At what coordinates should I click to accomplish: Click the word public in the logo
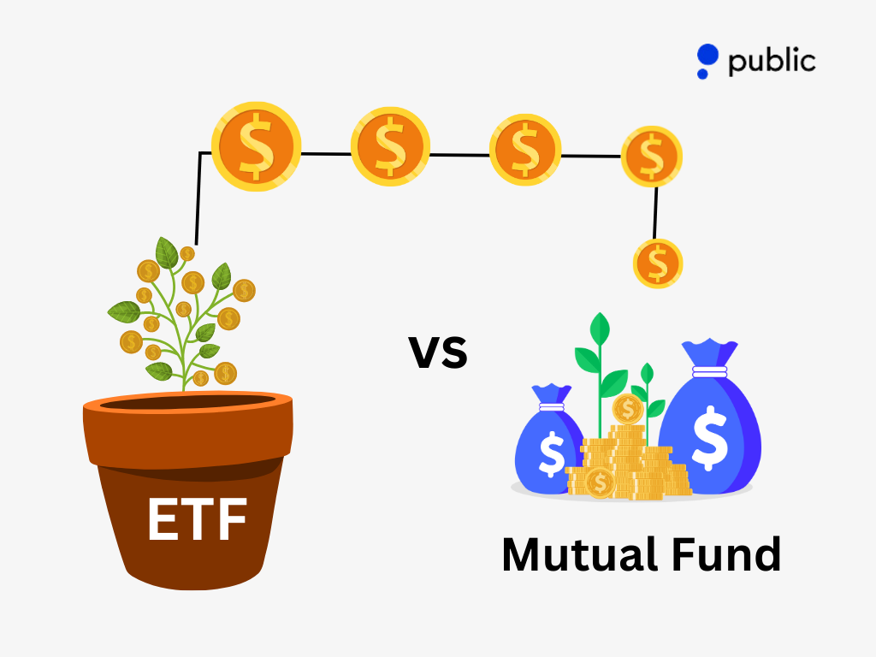(772, 62)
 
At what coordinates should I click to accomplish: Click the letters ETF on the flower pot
(197, 519)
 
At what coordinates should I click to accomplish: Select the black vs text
(437, 352)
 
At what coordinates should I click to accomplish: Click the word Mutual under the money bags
(581, 554)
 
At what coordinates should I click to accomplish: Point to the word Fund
(726, 554)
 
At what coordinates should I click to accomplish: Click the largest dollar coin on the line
(257, 146)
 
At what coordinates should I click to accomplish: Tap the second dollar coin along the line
(390, 146)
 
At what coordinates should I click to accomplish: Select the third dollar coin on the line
(525, 150)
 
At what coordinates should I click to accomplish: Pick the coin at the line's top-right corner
(651, 157)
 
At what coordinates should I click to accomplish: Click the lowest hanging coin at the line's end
(658, 263)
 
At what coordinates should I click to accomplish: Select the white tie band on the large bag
(709, 371)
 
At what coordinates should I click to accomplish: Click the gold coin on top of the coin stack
(628, 410)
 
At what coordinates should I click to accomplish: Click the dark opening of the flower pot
(187, 402)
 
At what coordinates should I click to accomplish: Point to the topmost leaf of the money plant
(166, 252)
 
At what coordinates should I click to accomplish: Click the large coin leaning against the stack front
(600, 482)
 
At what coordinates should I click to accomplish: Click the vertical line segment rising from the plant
(198, 198)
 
